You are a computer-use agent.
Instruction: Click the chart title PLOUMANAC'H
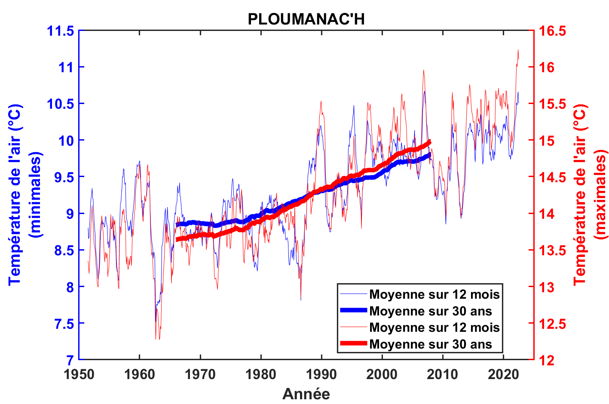point(306,19)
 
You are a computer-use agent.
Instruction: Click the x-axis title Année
point(306,394)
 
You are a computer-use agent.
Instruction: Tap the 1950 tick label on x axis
point(79,374)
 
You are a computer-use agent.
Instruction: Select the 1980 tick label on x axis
point(261,374)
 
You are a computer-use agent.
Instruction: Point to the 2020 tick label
point(503,374)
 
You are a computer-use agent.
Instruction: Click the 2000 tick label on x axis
point(382,374)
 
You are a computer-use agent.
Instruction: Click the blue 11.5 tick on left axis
point(61,31)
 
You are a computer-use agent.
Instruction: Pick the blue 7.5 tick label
point(64,324)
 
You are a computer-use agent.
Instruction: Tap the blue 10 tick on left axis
point(67,141)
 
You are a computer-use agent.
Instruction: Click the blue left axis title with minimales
point(25,195)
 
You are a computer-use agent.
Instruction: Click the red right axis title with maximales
point(591,195)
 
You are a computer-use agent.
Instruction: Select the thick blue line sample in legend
point(353,310)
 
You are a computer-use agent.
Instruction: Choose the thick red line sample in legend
point(353,343)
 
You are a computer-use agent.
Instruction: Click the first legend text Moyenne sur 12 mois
point(434,294)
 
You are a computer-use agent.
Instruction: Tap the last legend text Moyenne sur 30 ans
point(430,344)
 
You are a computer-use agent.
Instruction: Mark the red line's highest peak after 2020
point(518,51)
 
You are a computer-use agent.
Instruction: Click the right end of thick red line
point(429,142)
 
